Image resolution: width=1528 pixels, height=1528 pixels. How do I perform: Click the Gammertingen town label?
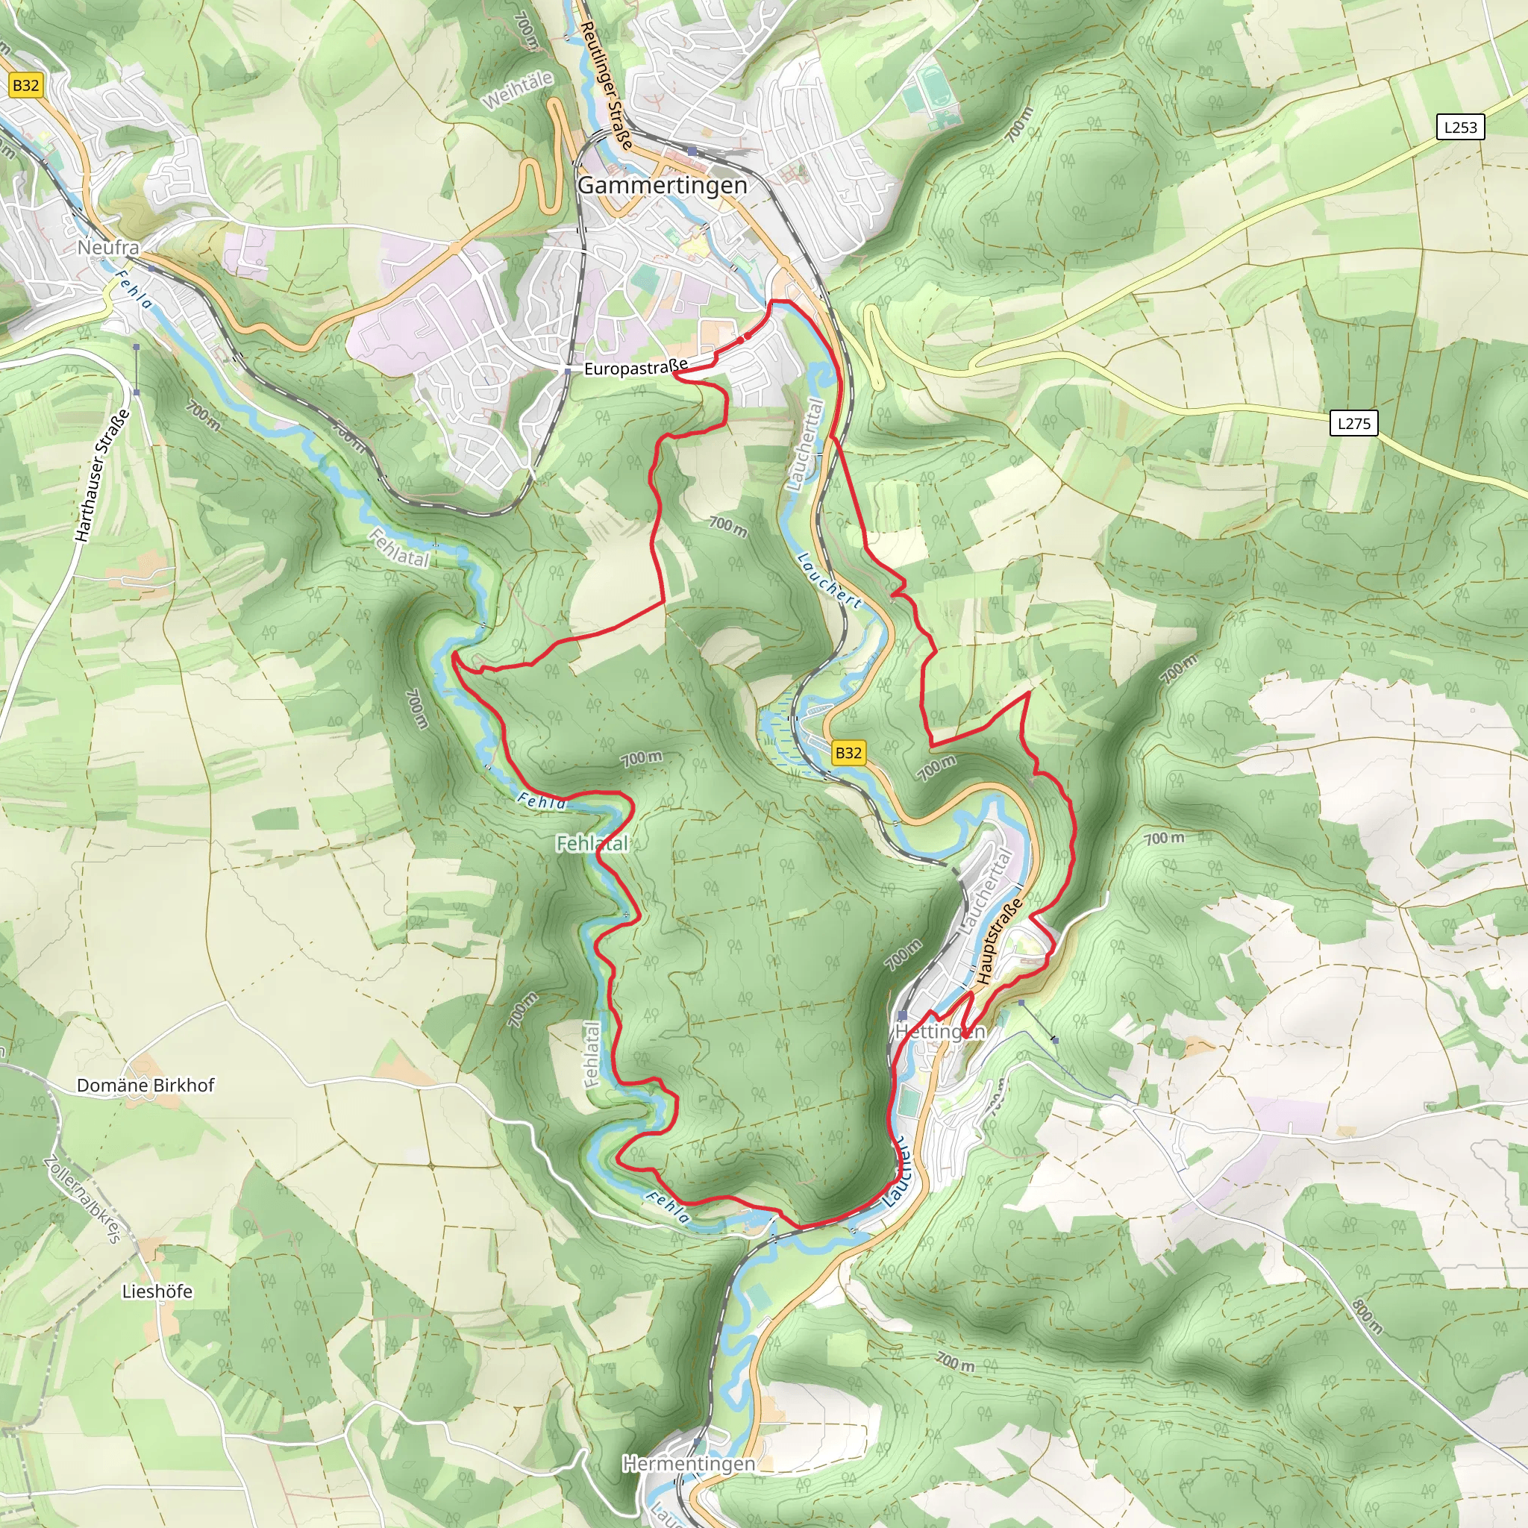pos(662,185)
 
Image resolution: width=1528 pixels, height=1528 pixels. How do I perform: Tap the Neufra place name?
pos(108,248)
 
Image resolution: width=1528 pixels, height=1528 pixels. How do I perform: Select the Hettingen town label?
pos(939,1031)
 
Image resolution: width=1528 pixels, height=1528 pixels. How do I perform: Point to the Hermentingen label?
pos(688,1463)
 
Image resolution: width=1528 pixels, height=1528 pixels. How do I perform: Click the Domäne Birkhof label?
pos(145,1085)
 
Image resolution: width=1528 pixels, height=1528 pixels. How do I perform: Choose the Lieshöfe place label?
pos(157,1291)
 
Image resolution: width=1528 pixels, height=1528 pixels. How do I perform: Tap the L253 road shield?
pos(1460,128)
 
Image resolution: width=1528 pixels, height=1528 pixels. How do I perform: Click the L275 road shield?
pos(1353,423)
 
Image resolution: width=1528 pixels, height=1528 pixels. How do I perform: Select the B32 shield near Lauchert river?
pos(848,752)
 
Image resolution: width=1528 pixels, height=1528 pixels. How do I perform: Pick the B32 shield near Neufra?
pos(25,85)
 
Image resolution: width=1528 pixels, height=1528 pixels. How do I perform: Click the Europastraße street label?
pos(636,368)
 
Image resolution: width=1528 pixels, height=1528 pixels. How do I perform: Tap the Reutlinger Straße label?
pos(607,85)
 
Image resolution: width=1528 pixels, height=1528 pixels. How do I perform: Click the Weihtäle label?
pos(517,90)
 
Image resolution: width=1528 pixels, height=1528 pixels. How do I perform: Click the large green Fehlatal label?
pos(592,843)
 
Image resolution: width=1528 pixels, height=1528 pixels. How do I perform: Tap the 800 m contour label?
pos(1368,1316)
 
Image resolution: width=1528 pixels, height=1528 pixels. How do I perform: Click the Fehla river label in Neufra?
pos(134,289)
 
